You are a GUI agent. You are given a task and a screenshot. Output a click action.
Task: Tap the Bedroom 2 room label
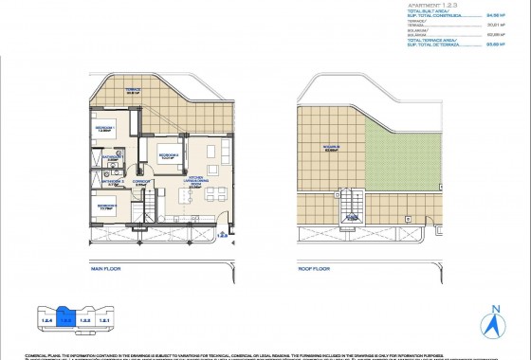pyautogui.click(x=169, y=157)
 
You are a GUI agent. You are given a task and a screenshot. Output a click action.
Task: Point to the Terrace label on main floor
pyautogui.click(x=133, y=92)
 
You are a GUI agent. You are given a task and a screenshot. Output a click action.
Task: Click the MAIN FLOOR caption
pyautogui.click(x=109, y=268)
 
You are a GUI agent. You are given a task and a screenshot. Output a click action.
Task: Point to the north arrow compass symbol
pyautogui.click(x=492, y=324)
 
